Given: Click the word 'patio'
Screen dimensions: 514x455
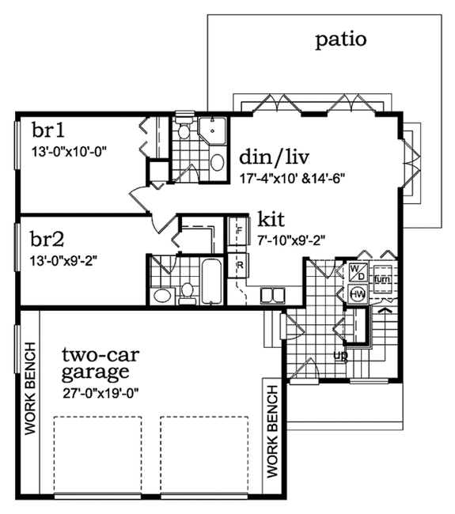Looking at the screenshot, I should point(341,40).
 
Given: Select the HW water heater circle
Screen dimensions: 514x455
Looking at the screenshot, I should point(356,295).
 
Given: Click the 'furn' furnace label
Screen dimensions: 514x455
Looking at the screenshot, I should point(381,278).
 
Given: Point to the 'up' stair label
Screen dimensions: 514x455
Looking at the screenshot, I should point(342,355).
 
